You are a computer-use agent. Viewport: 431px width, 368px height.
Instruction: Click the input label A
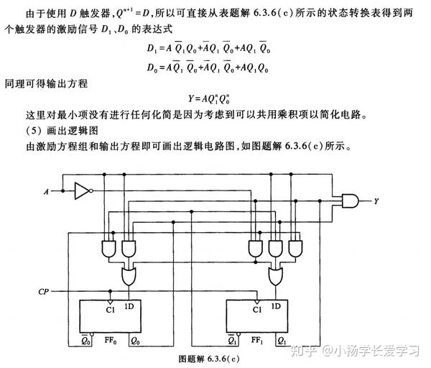click(46, 191)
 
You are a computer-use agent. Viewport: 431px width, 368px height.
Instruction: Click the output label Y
click(376, 201)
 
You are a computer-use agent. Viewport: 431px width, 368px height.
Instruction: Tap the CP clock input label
click(43, 292)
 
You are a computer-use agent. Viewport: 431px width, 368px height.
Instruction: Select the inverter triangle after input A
click(82, 191)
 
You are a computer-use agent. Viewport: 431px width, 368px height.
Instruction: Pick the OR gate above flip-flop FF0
click(129, 276)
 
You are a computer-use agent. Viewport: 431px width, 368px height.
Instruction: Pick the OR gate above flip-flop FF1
click(275, 276)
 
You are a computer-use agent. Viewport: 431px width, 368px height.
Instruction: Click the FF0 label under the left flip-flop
click(110, 341)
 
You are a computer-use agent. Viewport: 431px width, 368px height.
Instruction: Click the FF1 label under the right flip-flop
click(257, 341)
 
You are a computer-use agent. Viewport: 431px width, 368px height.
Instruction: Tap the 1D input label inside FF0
click(129, 307)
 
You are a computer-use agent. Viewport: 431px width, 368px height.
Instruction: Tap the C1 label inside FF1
click(257, 310)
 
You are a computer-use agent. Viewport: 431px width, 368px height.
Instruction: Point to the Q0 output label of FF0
click(135, 341)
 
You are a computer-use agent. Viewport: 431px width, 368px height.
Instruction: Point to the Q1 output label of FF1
click(282, 341)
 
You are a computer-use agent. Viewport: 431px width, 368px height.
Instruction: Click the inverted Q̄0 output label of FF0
click(85, 341)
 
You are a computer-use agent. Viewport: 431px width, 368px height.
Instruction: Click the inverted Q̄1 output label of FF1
click(233, 341)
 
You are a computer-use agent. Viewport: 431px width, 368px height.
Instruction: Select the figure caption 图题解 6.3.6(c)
click(209, 359)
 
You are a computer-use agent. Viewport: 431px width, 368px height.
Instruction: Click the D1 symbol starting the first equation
click(152, 48)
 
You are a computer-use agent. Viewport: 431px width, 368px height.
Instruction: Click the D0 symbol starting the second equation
click(152, 68)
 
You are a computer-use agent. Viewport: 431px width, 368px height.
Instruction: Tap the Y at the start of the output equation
click(191, 98)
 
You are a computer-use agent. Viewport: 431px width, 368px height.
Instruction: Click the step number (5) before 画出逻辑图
click(34, 130)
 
